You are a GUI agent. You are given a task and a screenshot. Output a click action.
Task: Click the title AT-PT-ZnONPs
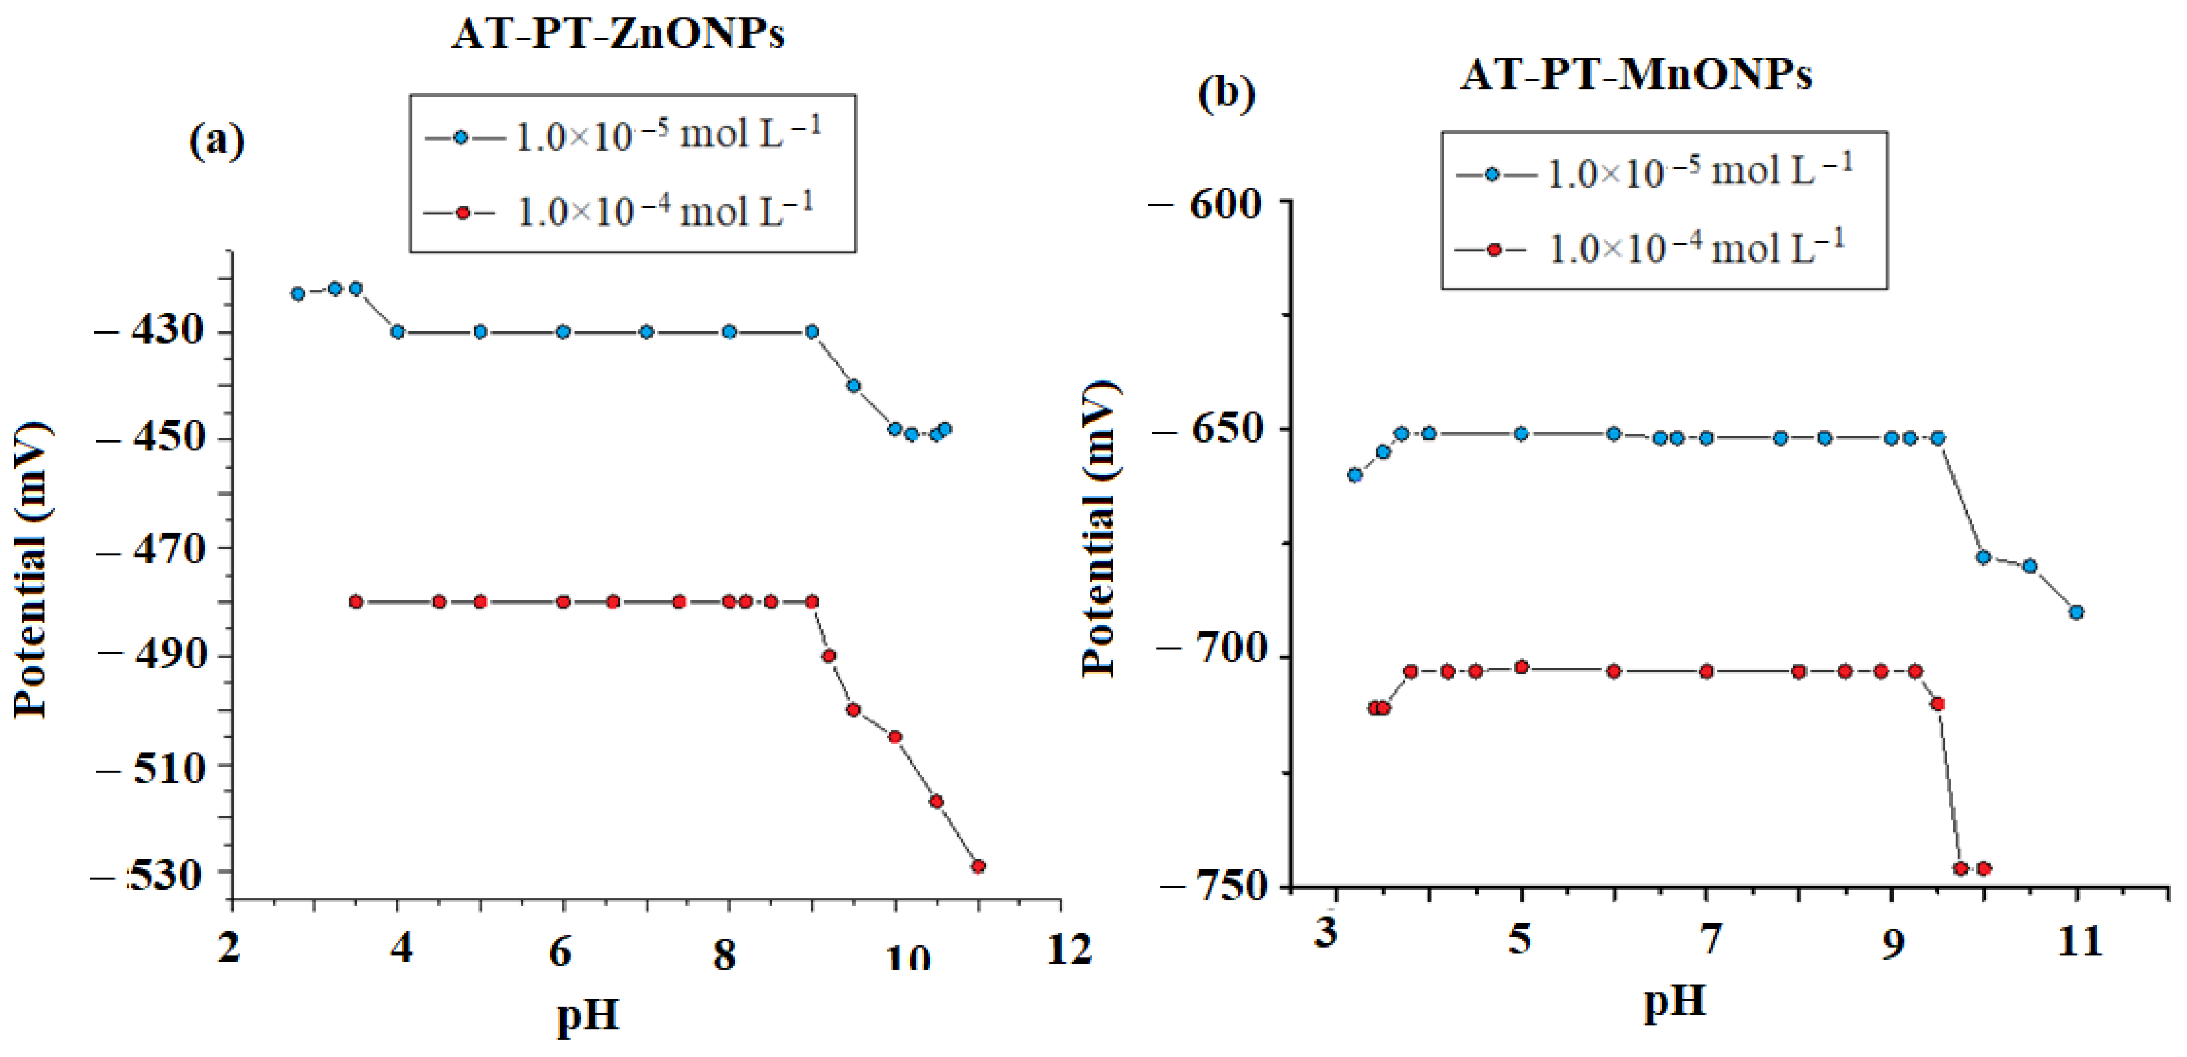[618, 34]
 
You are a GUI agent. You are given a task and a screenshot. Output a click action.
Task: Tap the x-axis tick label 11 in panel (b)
[2079, 941]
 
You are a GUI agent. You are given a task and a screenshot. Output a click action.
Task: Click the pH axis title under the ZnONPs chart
[587, 1015]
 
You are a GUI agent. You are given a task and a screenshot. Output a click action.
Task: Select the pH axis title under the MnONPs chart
[1674, 1002]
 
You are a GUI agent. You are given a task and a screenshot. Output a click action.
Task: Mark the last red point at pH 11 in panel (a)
[978, 866]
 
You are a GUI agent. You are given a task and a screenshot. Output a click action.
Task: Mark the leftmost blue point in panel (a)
[298, 294]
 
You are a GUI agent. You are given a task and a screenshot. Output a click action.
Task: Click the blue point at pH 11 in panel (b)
[2077, 612]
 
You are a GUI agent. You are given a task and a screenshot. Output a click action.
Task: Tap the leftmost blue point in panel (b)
[1355, 475]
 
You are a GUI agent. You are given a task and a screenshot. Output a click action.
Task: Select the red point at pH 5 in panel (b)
[1521, 667]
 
